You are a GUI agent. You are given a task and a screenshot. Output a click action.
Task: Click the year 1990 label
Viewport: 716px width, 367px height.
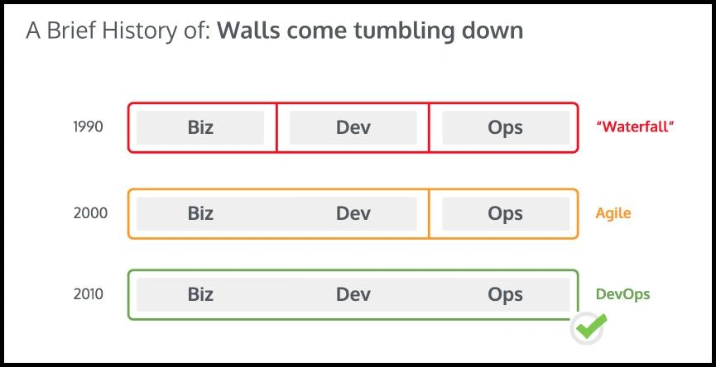(88, 127)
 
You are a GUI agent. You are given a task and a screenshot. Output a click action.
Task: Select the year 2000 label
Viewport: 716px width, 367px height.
(90, 213)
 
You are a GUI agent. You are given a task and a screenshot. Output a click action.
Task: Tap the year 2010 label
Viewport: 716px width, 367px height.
(89, 294)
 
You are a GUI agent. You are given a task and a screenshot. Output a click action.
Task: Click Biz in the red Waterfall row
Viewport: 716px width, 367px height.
(200, 127)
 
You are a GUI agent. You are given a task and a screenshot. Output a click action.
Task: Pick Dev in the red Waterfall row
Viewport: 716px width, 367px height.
(353, 127)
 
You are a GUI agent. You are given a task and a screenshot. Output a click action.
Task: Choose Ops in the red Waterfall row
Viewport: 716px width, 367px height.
(506, 128)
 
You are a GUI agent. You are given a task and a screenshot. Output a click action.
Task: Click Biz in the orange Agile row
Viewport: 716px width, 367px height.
(200, 213)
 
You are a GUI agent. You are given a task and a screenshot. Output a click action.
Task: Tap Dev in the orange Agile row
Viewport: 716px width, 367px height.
(353, 213)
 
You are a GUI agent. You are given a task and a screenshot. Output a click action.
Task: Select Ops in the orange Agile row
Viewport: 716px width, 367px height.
(506, 214)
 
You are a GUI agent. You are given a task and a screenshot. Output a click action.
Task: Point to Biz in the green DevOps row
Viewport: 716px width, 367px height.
(200, 294)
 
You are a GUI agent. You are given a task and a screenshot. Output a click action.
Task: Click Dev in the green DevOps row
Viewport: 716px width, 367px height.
(353, 294)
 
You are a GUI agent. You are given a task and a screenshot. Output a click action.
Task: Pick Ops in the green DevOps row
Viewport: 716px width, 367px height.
(506, 295)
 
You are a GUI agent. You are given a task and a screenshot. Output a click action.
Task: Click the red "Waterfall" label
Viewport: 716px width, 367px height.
(635, 126)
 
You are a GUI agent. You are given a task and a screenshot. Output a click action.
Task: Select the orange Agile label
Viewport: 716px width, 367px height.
(613, 213)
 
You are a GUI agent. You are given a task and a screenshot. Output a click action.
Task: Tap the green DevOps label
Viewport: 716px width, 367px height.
(622, 294)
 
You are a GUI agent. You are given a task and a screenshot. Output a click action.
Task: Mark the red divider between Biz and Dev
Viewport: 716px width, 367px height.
(276, 127)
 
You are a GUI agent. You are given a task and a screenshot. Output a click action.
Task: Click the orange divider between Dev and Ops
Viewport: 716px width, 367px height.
(429, 213)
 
